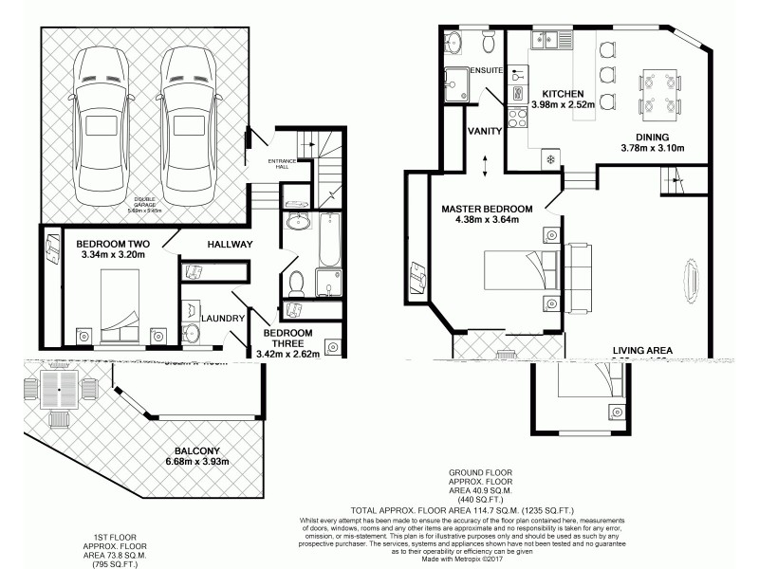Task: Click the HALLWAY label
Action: click(x=229, y=245)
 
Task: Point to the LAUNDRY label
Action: click(x=223, y=320)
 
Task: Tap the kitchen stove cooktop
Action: click(x=519, y=119)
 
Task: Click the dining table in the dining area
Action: click(x=658, y=92)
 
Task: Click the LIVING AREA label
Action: click(x=642, y=351)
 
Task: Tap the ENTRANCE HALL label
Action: click(x=284, y=163)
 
